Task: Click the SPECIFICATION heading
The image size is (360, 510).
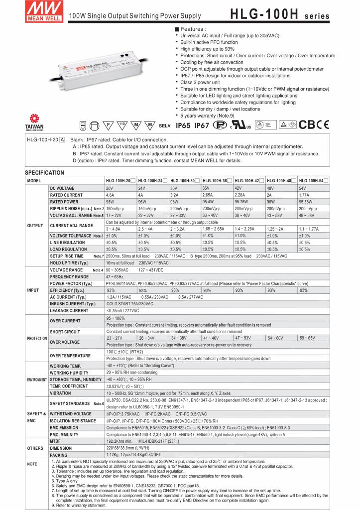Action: [44, 173]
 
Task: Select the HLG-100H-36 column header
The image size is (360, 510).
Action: [216, 180]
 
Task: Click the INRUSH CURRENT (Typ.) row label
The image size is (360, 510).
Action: [72, 304]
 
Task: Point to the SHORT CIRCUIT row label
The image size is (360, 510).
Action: [65, 332]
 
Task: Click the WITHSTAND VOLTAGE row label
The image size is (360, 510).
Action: [70, 414]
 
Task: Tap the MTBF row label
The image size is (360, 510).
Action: [55, 441]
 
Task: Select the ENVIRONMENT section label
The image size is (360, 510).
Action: [37, 380]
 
